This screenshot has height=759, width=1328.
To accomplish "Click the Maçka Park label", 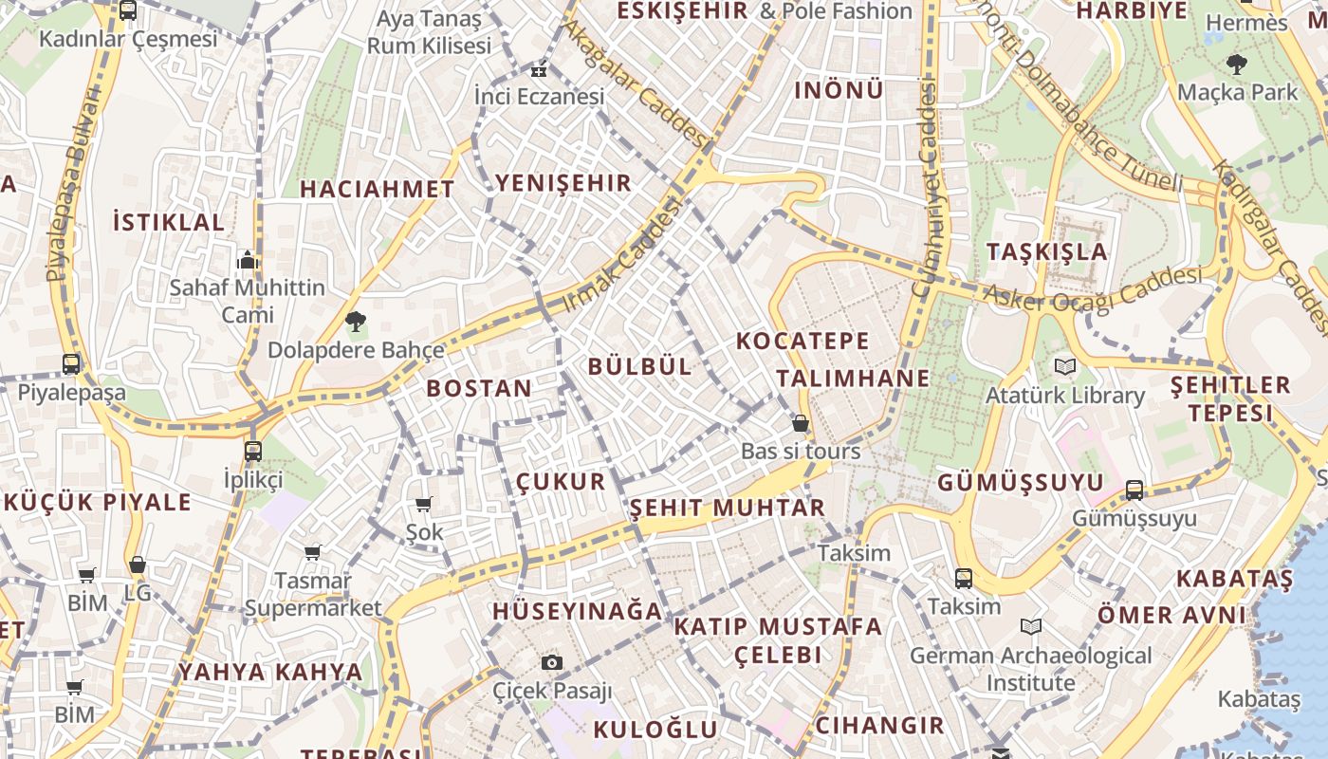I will click(1237, 92).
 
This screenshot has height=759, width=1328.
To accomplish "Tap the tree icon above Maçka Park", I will click(1236, 65).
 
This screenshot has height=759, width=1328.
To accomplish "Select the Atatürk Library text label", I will click(1065, 395).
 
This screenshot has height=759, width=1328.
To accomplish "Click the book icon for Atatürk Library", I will click(1065, 366).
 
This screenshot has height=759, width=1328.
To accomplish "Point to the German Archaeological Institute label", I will click(1031, 669).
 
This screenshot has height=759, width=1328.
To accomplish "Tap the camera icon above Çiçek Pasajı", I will click(552, 662).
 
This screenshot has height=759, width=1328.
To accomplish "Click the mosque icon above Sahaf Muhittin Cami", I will click(248, 259).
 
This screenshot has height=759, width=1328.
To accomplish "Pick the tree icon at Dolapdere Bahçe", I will click(356, 322).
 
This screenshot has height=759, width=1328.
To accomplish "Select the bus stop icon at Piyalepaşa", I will click(71, 363).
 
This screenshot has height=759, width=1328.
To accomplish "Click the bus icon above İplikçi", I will click(252, 451).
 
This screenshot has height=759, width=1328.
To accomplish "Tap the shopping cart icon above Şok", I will click(424, 504).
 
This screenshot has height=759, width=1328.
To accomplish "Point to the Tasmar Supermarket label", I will click(313, 594).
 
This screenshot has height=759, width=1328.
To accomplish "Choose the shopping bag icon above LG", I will click(138, 565).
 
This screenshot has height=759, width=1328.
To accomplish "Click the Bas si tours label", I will click(801, 451).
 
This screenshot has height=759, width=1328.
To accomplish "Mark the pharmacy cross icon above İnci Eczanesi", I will click(539, 70).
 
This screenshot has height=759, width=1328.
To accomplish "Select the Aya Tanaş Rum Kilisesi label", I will click(430, 32).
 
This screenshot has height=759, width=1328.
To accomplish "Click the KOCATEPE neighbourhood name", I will click(802, 341).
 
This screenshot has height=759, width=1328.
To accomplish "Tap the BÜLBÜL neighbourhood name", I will click(640, 366).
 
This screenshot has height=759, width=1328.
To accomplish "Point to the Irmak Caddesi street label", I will click(623, 254).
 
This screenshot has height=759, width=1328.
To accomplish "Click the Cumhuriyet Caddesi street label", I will click(926, 190).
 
